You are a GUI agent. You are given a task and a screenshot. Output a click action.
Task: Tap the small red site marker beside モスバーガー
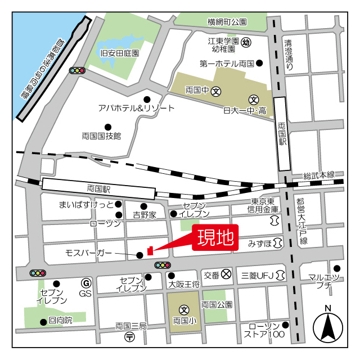click(x=150, y=250)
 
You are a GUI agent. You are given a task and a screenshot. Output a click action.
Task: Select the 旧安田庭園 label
click(x=119, y=53)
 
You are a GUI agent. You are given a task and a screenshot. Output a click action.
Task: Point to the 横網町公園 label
click(x=227, y=22)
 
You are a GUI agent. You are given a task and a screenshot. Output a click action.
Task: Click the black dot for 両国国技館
click(x=108, y=127)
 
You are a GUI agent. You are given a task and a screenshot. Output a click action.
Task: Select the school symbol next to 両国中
click(x=216, y=90)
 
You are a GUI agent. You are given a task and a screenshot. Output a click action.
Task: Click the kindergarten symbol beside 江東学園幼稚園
click(x=246, y=42)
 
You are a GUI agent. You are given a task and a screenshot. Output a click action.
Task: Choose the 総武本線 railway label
click(x=318, y=175)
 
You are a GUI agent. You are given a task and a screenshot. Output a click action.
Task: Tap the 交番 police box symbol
click(x=226, y=275)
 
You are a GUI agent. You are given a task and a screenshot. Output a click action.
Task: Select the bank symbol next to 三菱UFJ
click(x=281, y=275)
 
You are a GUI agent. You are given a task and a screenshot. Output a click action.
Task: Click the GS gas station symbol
click(x=86, y=282)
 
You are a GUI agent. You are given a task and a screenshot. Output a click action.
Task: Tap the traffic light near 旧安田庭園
click(x=76, y=71)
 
